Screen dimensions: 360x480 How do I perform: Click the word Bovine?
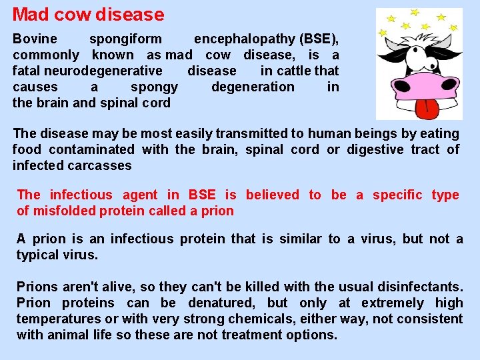(x=35, y=39)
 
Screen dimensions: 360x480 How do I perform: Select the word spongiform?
(x=125, y=39)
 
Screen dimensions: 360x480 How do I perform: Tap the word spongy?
(x=154, y=87)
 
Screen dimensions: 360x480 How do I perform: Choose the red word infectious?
(x=81, y=195)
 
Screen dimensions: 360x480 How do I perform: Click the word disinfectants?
(x=415, y=287)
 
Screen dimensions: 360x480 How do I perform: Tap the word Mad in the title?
(x=28, y=14)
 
